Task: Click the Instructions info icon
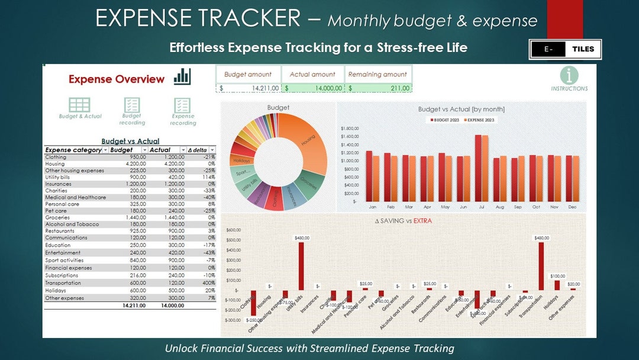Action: (x=569, y=75)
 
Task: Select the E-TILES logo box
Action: (x=565, y=49)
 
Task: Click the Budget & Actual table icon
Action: (x=80, y=105)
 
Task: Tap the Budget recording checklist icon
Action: (x=131, y=105)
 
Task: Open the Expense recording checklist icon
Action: (x=182, y=105)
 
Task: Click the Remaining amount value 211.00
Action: (x=378, y=88)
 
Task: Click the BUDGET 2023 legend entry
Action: (x=446, y=120)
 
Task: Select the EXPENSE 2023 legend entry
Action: (x=480, y=120)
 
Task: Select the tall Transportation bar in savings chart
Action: (x=541, y=266)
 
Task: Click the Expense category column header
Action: (x=73, y=150)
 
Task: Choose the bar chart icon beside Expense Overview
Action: (x=182, y=76)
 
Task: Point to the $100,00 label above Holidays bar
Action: (x=557, y=276)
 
